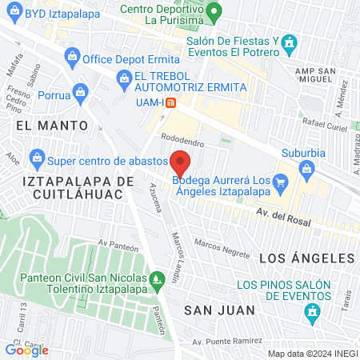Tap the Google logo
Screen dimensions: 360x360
[26, 350]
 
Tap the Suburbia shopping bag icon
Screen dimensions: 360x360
[306, 168]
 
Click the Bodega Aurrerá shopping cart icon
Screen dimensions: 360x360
[280, 182]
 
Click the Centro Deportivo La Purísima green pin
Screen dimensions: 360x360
[213, 13]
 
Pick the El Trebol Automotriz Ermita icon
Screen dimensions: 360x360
[124, 78]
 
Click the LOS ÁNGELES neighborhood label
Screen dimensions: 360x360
[306, 258]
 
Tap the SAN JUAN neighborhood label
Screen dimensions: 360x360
[219, 310]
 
